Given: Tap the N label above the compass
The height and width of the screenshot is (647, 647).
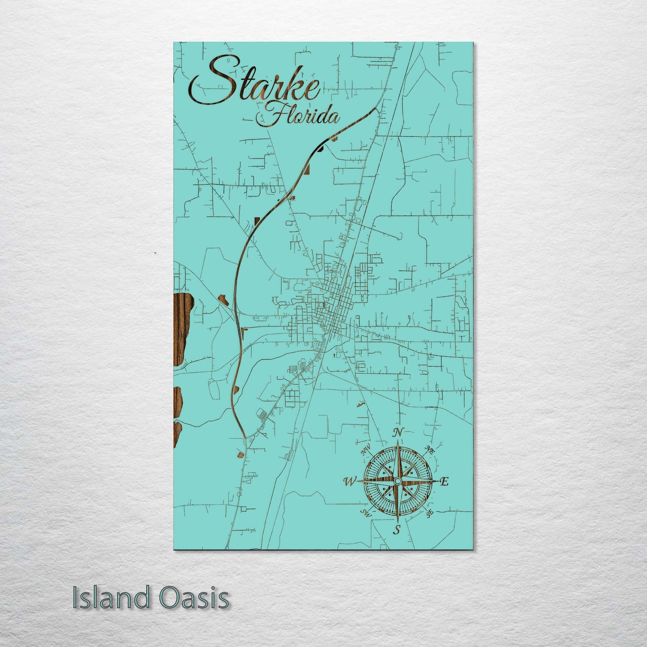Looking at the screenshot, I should click(397, 433).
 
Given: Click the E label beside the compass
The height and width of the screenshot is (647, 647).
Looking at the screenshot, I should click(444, 482).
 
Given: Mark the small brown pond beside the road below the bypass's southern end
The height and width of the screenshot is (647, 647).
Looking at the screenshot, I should click(241, 455).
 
